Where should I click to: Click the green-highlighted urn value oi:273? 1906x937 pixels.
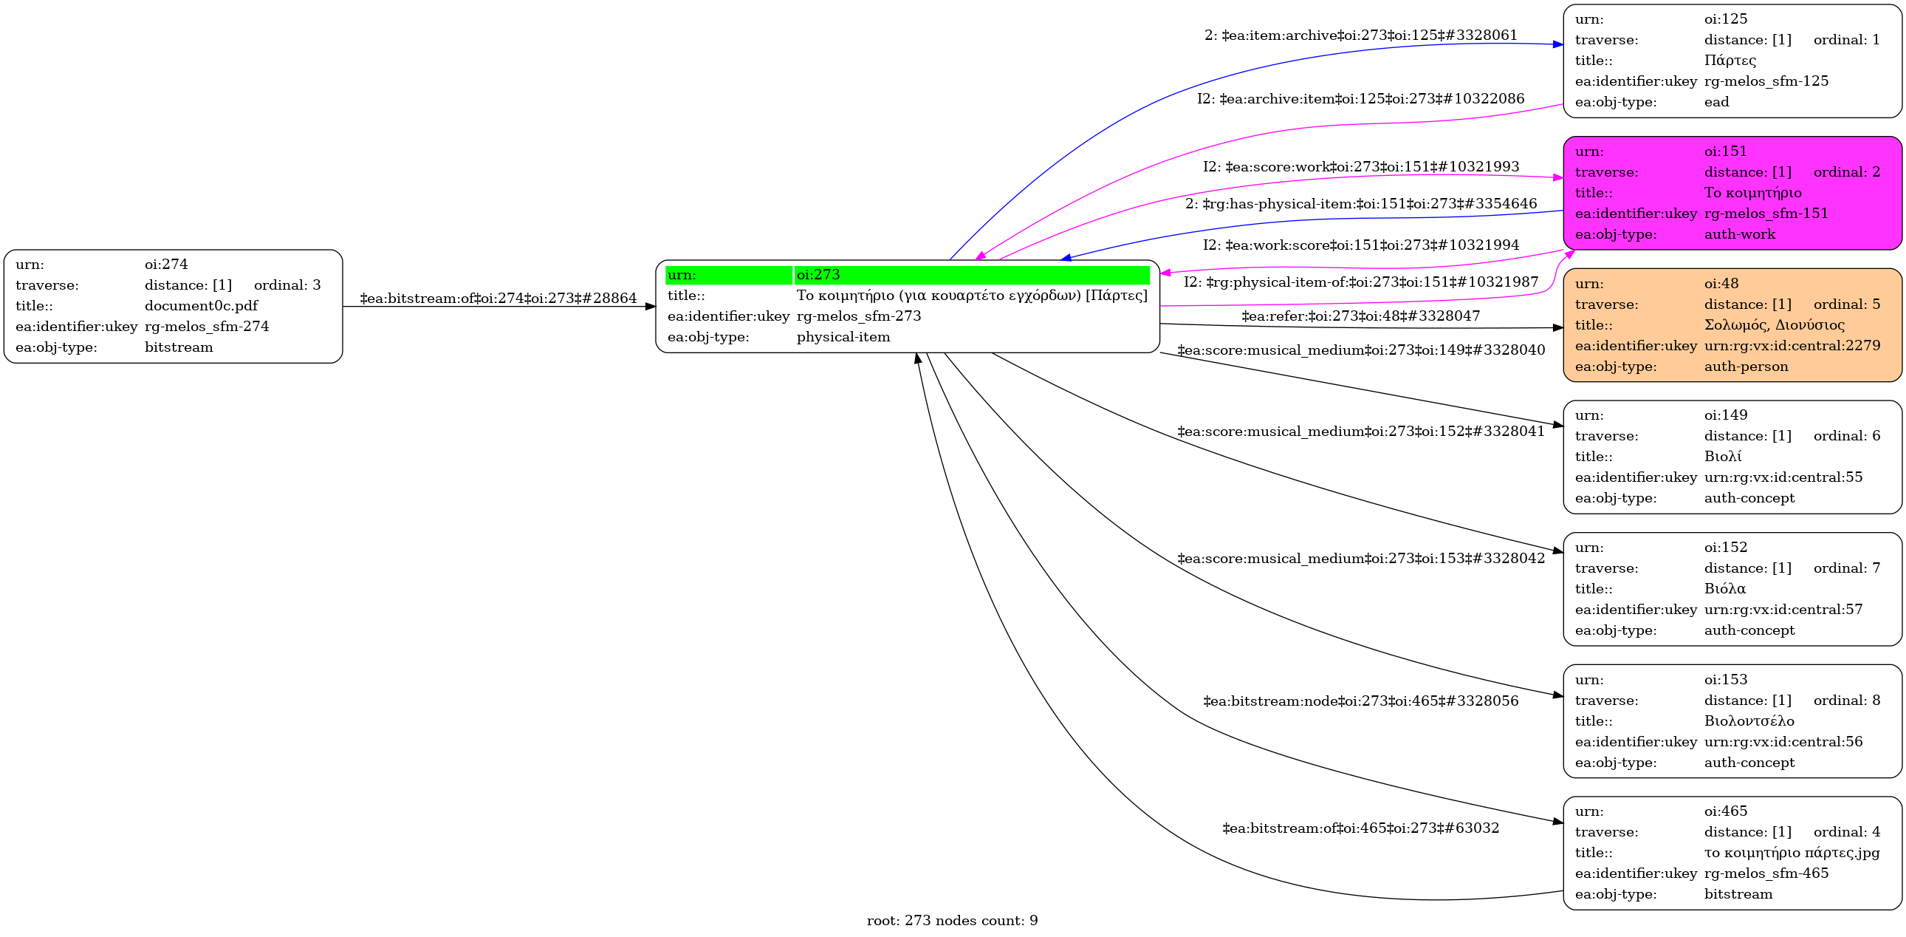click(x=817, y=275)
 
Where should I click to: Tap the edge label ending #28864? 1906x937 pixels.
click(x=498, y=299)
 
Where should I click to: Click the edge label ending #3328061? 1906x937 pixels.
click(x=1360, y=35)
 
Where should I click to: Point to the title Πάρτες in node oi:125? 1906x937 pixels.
click(x=1730, y=60)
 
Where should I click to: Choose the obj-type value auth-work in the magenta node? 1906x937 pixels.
click(x=1739, y=234)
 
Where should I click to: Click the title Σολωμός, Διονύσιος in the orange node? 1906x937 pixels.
click(x=1774, y=325)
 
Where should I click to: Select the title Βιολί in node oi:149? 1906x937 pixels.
click(x=1723, y=457)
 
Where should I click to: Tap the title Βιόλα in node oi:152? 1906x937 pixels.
click(x=1724, y=588)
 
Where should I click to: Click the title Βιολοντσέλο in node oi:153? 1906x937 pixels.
click(x=1749, y=721)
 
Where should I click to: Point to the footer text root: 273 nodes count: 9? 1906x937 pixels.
click(x=951, y=921)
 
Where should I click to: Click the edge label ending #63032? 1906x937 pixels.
click(x=1360, y=828)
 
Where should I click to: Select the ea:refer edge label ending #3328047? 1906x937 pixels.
click(x=1360, y=317)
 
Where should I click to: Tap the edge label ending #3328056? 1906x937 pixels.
click(x=1360, y=701)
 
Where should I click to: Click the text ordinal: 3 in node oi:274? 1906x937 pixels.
click(x=287, y=285)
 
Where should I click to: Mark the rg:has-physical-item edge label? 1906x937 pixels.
click(x=1360, y=203)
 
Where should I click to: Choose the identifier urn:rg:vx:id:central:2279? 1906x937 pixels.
click(x=1792, y=346)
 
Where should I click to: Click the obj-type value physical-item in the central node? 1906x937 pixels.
click(x=843, y=337)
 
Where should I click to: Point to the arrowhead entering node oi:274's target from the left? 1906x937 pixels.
click(x=651, y=307)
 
